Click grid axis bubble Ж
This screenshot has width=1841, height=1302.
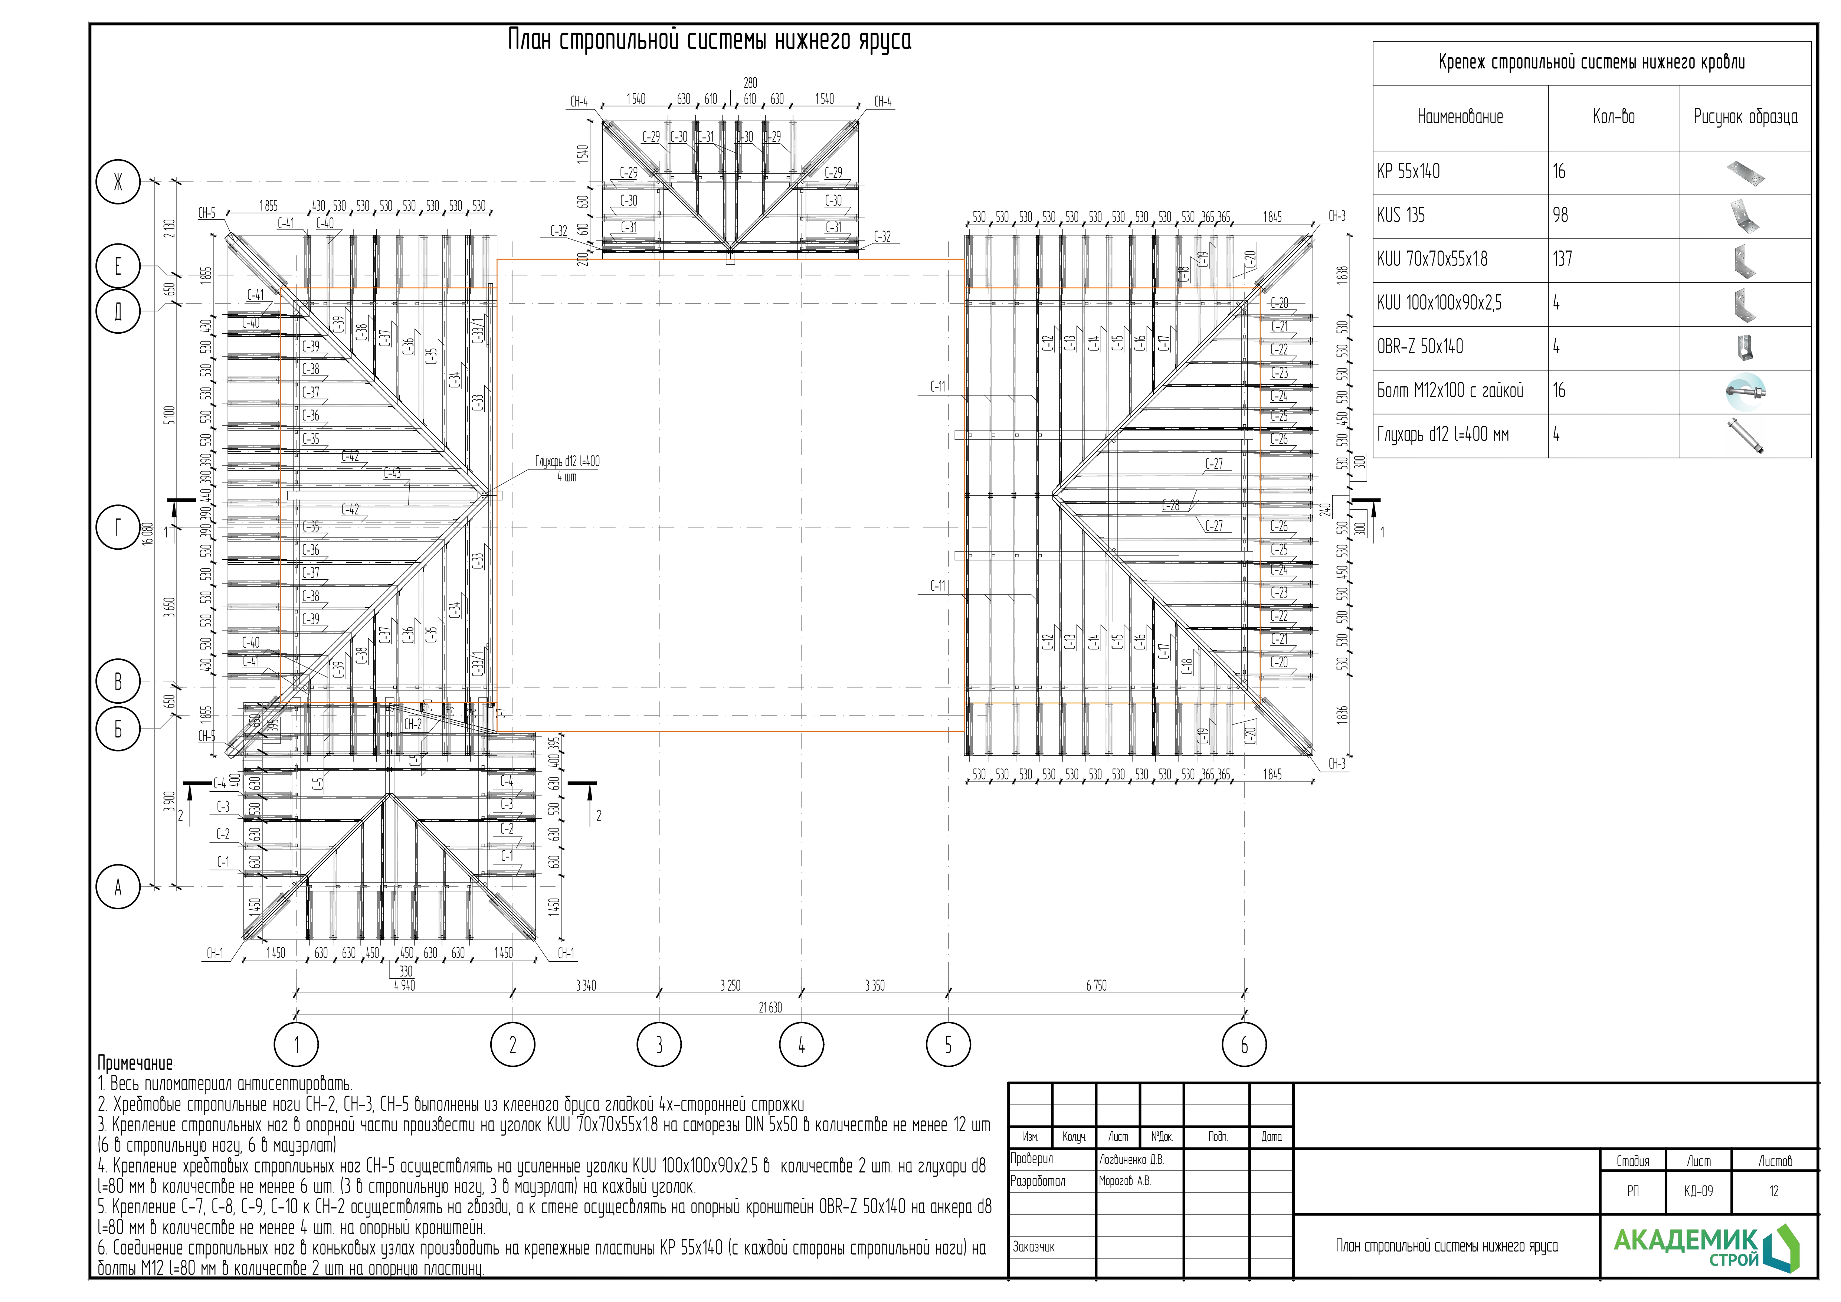click(x=118, y=183)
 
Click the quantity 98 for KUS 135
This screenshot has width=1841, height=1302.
click(x=1560, y=216)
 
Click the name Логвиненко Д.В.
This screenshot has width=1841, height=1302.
click(x=1131, y=1159)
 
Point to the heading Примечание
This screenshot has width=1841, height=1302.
click(x=135, y=1064)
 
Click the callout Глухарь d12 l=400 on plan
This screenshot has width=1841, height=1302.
click(x=568, y=462)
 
